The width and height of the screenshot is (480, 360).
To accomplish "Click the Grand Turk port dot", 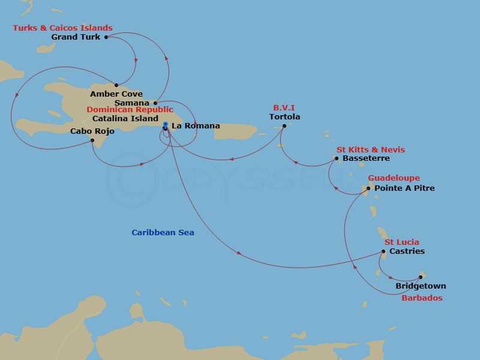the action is (x=106, y=37).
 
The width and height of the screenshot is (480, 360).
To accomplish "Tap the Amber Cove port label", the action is (x=116, y=94).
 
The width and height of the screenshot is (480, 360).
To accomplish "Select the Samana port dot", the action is (x=155, y=103).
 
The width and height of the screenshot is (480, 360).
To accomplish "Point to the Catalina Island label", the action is (x=125, y=119).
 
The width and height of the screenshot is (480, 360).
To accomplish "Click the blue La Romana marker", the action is (x=165, y=125).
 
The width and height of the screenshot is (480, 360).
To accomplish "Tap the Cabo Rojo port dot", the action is (x=92, y=141).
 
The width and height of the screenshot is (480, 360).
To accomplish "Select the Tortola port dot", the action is (x=284, y=125).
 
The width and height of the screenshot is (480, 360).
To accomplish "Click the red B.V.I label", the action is (x=284, y=108).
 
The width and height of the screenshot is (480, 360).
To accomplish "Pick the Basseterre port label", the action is (x=366, y=158).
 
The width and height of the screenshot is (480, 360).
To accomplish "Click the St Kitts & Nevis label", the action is (x=370, y=150).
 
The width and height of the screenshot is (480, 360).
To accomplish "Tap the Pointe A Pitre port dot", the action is (x=368, y=188).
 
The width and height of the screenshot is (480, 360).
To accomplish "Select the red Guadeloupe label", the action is (x=394, y=178).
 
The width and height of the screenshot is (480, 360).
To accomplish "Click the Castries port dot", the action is (x=384, y=251).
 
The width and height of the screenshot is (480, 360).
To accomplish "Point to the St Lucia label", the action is (x=401, y=242).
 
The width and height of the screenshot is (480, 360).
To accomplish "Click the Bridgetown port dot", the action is (x=421, y=277).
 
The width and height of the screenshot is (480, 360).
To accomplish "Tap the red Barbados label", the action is (x=422, y=298).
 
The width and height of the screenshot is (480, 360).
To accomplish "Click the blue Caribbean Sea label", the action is (x=163, y=233).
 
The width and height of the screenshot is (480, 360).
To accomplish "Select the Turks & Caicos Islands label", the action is (x=63, y=28).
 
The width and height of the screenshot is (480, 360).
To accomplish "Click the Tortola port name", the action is (x=284, y=117).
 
